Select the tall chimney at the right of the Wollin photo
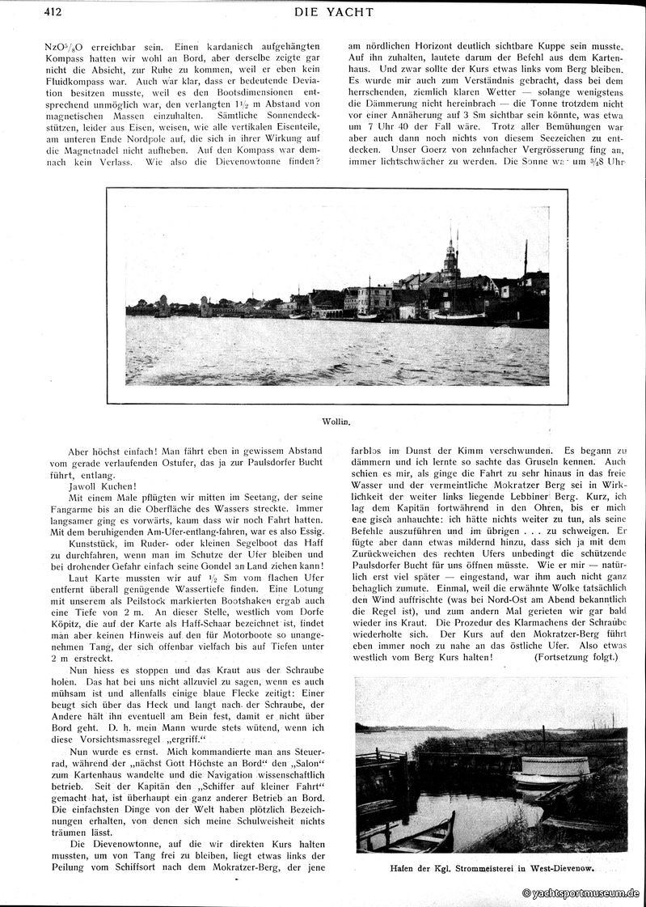[x=526, y=259]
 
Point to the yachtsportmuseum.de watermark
[x=581, y=893]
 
